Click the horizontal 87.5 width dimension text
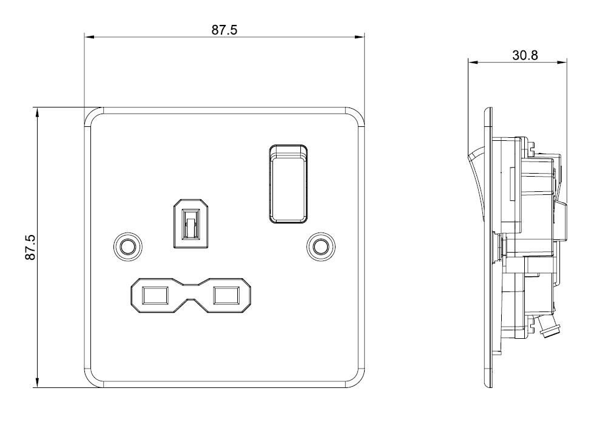point(224,30)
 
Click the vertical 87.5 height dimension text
point(30,247)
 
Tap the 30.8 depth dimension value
point(525,55)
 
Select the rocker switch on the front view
point(287,185)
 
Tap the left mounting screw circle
point(127,247)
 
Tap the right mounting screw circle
point(321,247)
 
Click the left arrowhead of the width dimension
point(89,37)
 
